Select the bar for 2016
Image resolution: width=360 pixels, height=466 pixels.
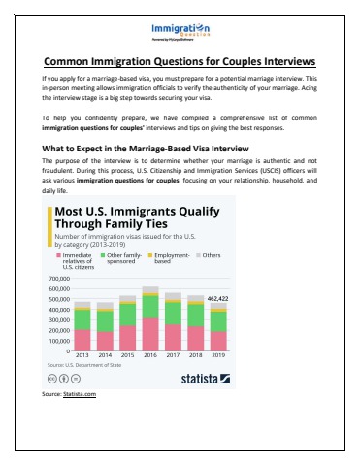[150, 319]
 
